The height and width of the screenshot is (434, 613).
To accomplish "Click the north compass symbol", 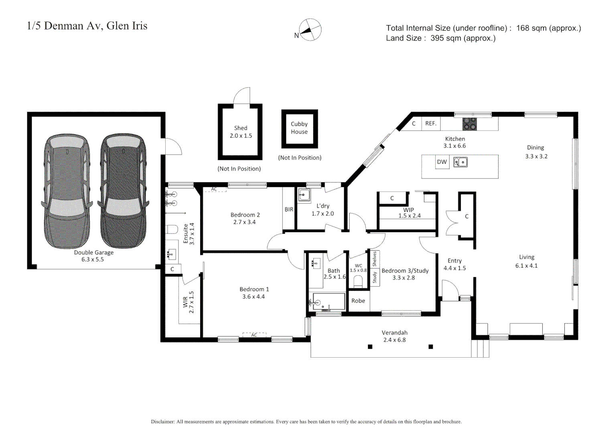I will (310, 30).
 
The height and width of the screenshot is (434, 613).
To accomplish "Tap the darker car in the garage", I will (123, 191).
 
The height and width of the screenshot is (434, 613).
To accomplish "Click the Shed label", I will (241, 128).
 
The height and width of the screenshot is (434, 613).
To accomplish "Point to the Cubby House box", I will (299, 129).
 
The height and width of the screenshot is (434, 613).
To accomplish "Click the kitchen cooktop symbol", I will (469, 124).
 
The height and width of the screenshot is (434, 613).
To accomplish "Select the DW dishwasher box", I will (442, 162).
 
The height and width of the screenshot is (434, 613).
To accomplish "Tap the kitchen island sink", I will (460, 162).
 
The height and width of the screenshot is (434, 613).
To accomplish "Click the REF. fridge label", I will (431, 123).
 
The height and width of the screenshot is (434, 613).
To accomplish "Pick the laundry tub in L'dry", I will (304, 195).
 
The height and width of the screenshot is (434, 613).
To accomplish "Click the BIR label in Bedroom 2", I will (289, 209).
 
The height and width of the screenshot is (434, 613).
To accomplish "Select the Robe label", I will (358, 301).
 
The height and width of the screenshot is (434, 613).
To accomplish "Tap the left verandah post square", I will (370, 347).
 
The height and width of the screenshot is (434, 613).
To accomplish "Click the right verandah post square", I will (430, 347).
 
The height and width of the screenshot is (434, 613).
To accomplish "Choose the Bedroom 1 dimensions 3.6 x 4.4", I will (254, 297).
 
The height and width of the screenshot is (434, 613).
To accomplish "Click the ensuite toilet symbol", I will (172, 229).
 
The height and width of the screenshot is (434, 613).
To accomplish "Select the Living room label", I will (526, 257).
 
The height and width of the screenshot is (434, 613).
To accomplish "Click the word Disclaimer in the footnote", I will (162, 422).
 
